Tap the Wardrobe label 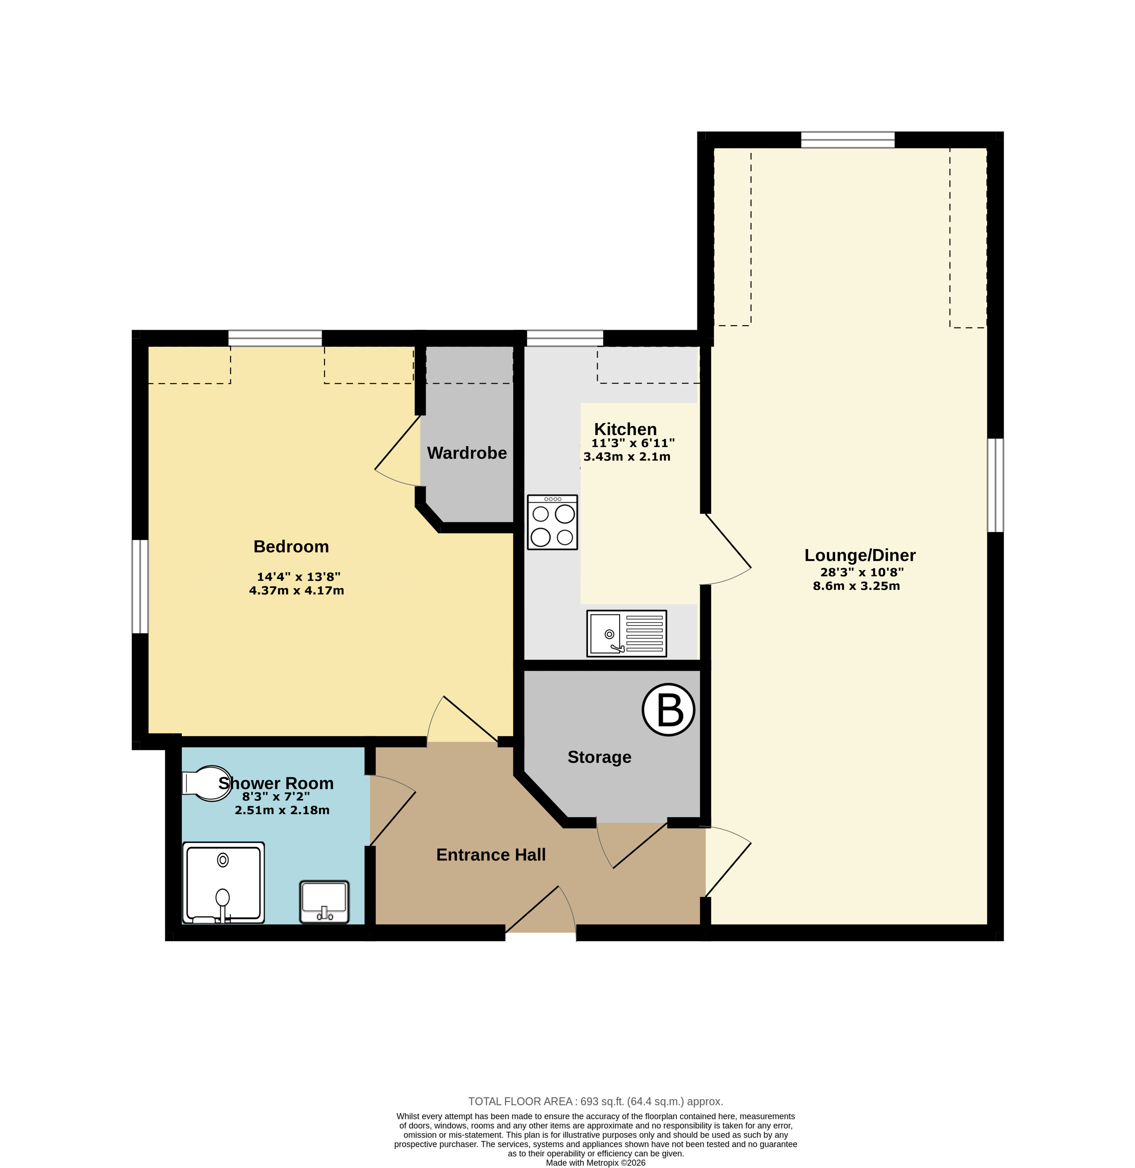(x=467, y=453)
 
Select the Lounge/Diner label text (x=859, y=556)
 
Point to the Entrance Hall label (x=491, y=855)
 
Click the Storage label (x=599, y=757)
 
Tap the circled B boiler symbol (x=668, y=709)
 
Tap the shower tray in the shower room (x=223, y=882)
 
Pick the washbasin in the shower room (x=324, y=902)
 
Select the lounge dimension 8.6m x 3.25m (x=856, y=586)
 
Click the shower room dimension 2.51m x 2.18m (x=282, y=810)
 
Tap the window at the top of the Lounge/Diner (x=848, y=139)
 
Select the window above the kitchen (x=564, y=338)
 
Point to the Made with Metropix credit (x=595, y=1163)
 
